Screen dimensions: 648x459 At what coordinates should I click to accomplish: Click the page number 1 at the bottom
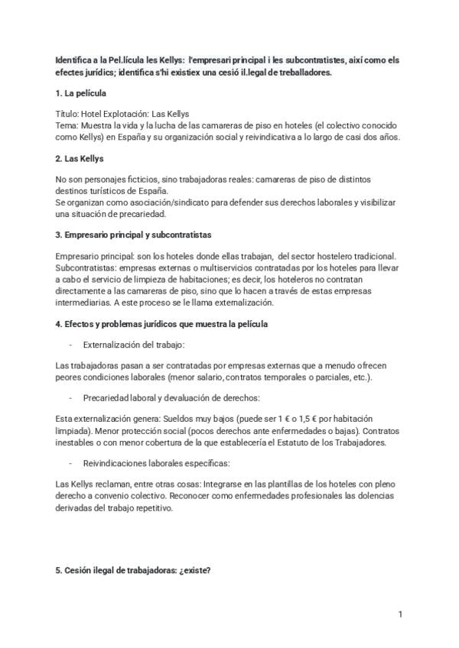(x=400, y=614)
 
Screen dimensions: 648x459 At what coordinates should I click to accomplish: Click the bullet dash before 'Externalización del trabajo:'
(x=70, y=345)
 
